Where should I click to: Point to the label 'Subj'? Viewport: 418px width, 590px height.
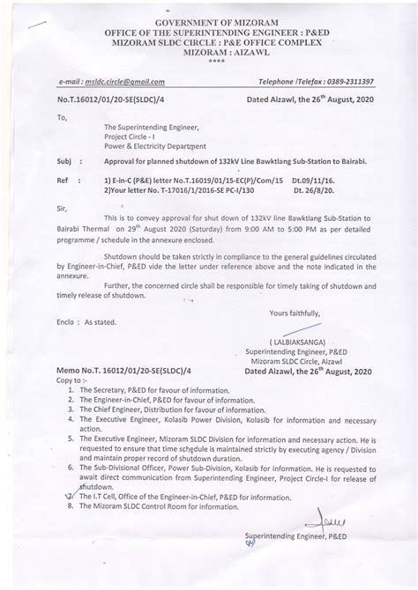tap(63, 162)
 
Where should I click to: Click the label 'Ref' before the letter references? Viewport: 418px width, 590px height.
tap(63, 179)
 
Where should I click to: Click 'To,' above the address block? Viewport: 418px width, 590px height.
tap(62, 116)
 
